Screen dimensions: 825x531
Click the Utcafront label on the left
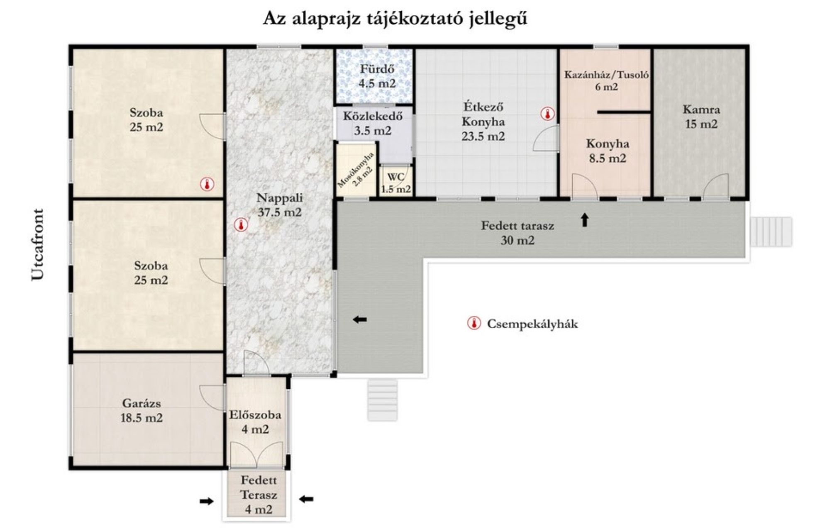coord(37,245)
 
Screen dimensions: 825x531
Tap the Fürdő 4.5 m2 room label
coord(377,76)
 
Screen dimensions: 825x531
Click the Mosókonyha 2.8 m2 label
coord(356,170)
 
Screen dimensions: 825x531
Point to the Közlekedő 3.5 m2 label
coord(373,123)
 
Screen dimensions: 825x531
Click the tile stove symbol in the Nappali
coord(241,225)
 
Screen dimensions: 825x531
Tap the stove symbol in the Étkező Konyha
coord(548,114)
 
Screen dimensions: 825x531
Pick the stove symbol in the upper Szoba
coord(207,184)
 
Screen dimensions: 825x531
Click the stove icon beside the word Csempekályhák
coord(474,323)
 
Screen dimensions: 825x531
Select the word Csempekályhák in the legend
coord(532,324)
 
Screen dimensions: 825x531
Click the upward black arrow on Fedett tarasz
coord(585,220)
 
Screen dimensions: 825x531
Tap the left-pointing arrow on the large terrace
coord(360,319)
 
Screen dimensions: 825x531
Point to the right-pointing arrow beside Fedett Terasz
coord(206,501)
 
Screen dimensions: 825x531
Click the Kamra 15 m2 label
coord(701,117)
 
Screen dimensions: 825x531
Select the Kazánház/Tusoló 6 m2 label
coord(606,80)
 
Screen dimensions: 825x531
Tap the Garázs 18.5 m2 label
coord(142,410)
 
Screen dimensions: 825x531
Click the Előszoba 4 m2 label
coord(255,422)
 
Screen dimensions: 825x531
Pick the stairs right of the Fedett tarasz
coord(771,231)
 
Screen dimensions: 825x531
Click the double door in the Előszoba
coord(257,454)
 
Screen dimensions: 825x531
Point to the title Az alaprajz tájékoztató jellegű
coord(395,19)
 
